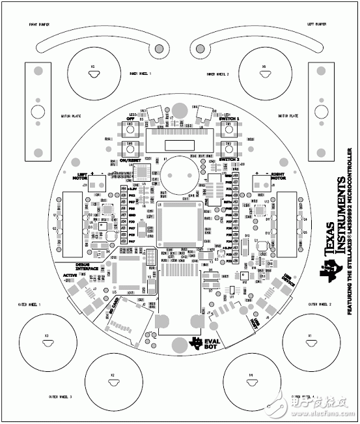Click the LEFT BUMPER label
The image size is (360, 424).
316,24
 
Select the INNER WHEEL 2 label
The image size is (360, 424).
218,74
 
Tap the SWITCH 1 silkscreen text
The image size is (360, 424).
230,119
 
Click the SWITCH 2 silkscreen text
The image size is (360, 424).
230,160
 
